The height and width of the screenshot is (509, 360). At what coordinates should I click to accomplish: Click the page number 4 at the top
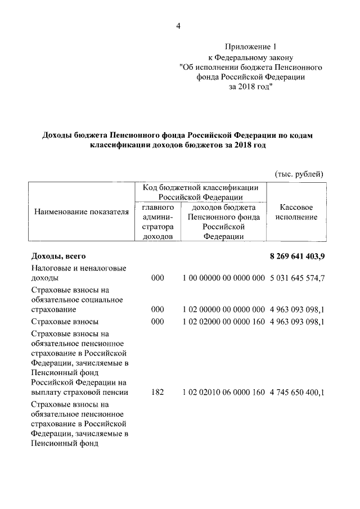click(178, 25)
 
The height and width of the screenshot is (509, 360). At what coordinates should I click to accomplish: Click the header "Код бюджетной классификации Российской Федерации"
click(200, 192)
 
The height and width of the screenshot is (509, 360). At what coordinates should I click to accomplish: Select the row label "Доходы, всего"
click(58, 256)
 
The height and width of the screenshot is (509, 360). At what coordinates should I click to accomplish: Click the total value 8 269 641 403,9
click(298, 256)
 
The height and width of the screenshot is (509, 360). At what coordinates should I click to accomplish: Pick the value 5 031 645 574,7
click(298, 278)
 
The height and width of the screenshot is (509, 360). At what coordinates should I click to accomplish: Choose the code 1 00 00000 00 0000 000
click(223, 278)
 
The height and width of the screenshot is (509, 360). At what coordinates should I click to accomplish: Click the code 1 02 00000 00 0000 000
click(223, 309)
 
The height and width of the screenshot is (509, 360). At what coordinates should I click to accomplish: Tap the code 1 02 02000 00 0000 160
click(223, 321)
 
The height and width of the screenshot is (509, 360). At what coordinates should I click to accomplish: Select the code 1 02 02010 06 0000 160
click(223, 392)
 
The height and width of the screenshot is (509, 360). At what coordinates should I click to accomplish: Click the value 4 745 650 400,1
click(298, 392)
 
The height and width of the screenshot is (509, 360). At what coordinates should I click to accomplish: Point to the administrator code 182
click(157, 392)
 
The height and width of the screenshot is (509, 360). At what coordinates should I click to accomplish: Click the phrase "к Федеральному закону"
click(250, 57)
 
